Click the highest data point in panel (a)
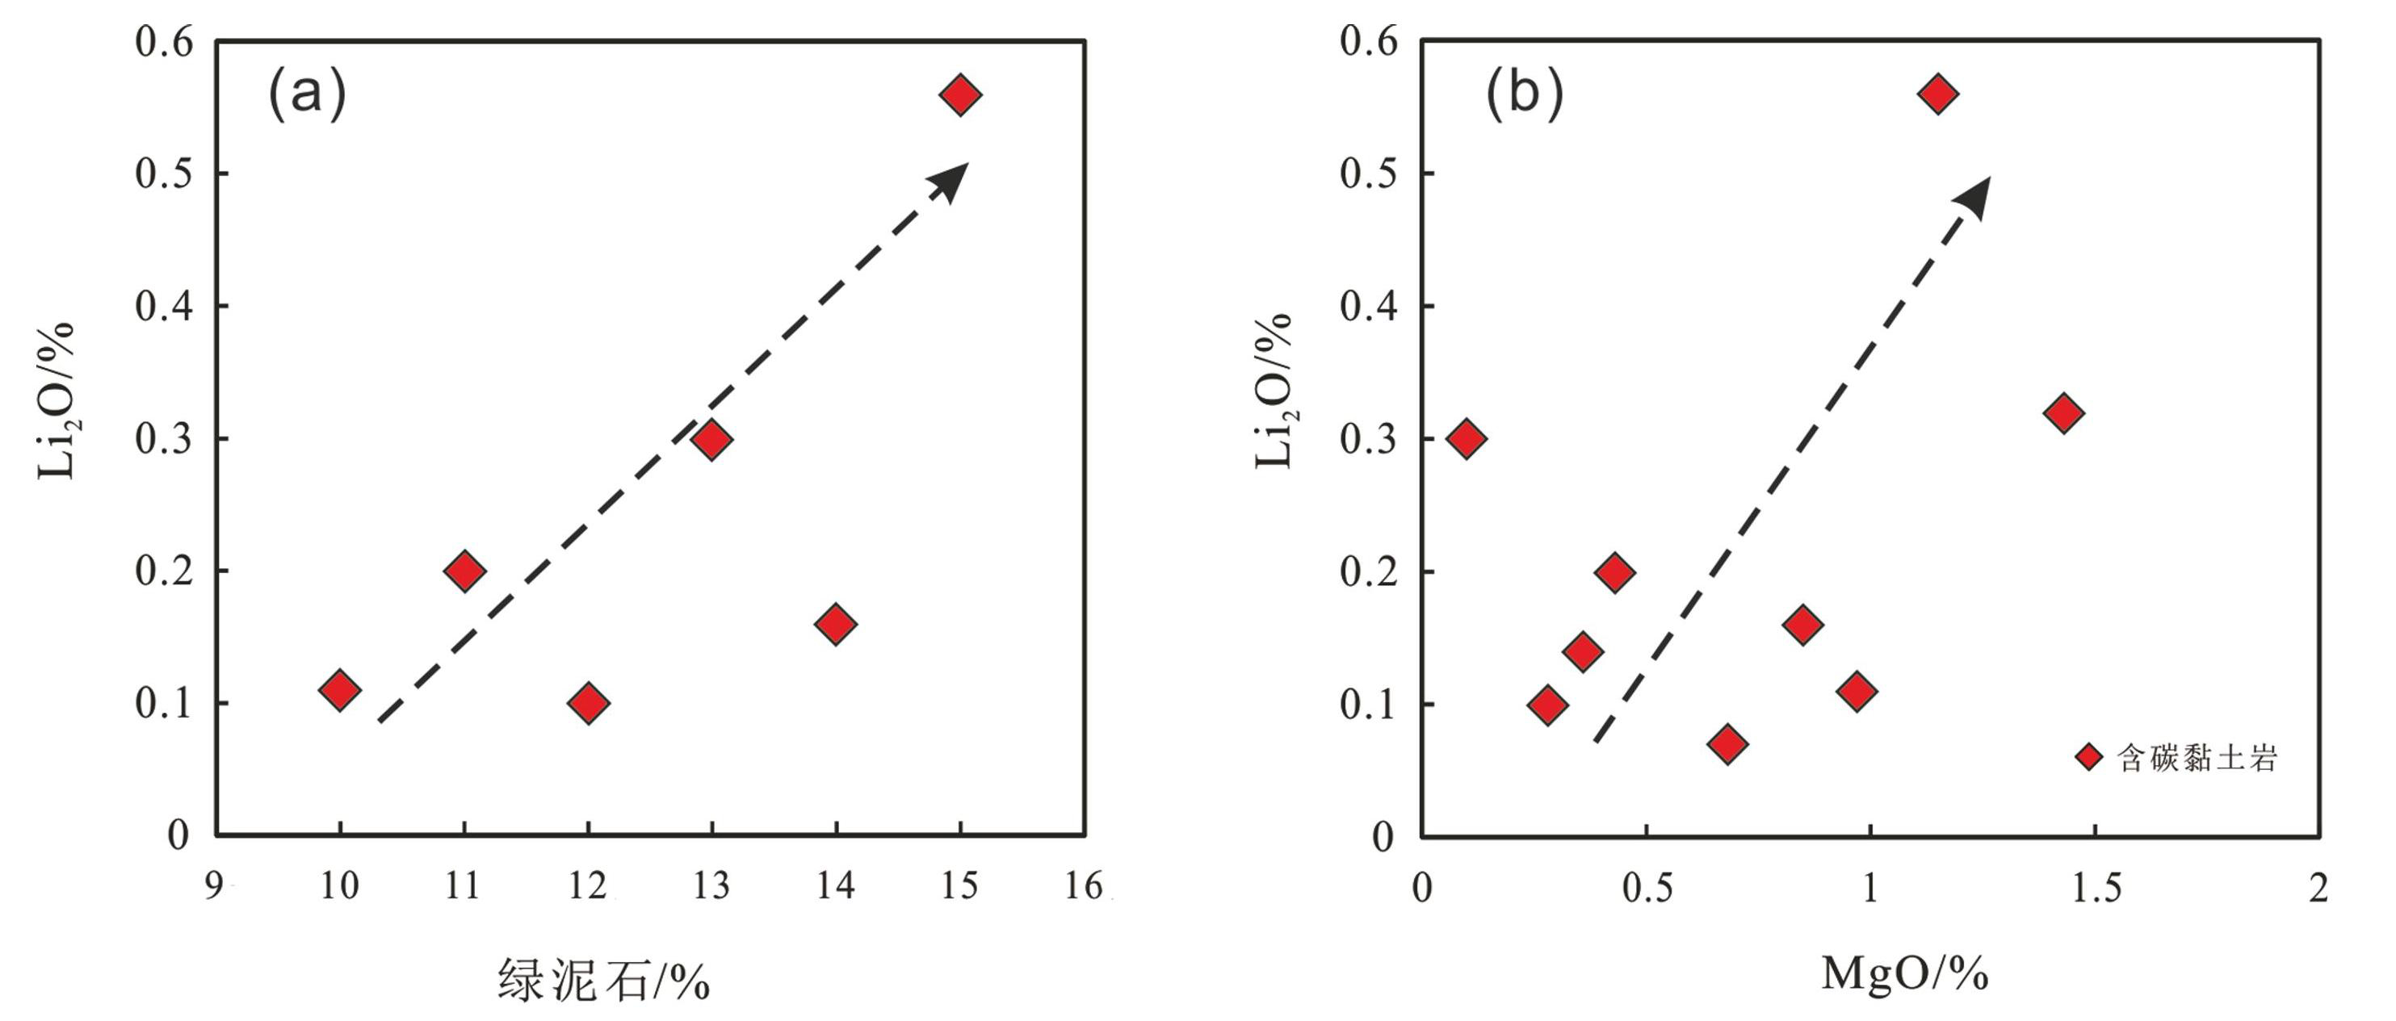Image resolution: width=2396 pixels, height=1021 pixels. point(960,95)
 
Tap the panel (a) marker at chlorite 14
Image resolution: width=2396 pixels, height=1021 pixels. point(835,624)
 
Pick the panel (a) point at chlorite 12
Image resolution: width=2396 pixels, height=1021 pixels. point(588,703)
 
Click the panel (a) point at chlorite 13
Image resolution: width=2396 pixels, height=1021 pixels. point(711,439)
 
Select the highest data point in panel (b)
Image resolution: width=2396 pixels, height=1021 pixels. point(1938,94)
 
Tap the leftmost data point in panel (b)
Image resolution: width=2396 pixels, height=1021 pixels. point(1467,438)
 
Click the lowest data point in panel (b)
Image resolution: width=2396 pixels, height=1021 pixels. point(1727,744)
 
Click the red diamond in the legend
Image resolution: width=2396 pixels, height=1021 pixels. point(2089,758)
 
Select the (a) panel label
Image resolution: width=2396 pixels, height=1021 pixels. point(306,94)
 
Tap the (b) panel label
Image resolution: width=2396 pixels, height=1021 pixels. point(1524,94)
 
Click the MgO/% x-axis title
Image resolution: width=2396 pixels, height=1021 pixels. point(1905,973)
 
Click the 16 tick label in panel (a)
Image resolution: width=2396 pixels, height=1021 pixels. point(1084,886)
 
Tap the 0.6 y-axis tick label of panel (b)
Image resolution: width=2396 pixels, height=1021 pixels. point(1369,42)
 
